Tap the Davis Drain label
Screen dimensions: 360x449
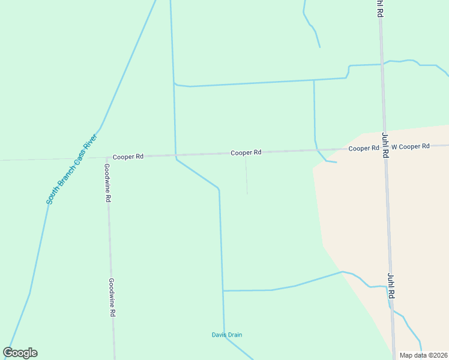pos(227,335)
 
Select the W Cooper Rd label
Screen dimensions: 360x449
pos(411,146)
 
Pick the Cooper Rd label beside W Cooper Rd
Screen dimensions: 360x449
pos(364,148)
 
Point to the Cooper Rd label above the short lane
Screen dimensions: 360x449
pos(246,152)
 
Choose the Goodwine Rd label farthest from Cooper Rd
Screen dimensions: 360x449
pos(112,297)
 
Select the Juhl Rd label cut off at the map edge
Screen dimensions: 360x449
pos(379,8)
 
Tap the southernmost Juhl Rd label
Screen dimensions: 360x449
pos(391,286)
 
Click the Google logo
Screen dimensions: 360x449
pos(20,353)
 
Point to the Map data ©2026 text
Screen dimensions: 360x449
pos(424,355)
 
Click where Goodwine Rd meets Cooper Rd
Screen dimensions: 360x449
pos(107,157)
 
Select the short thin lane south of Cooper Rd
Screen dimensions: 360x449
pos(246,175)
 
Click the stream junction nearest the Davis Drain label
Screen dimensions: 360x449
pos(223,291)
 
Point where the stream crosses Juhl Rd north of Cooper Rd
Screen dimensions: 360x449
pos(382,63)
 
